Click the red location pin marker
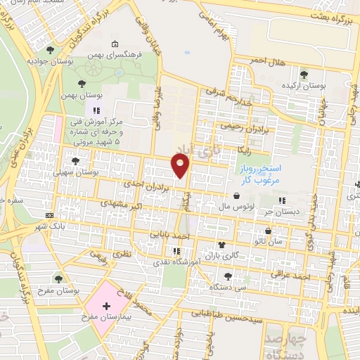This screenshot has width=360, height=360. tap(181, 166)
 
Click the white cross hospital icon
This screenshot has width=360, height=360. tap(106, 307)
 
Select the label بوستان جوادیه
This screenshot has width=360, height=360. tap(51, 62)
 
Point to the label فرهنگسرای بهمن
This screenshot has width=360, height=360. tap(117, 54)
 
